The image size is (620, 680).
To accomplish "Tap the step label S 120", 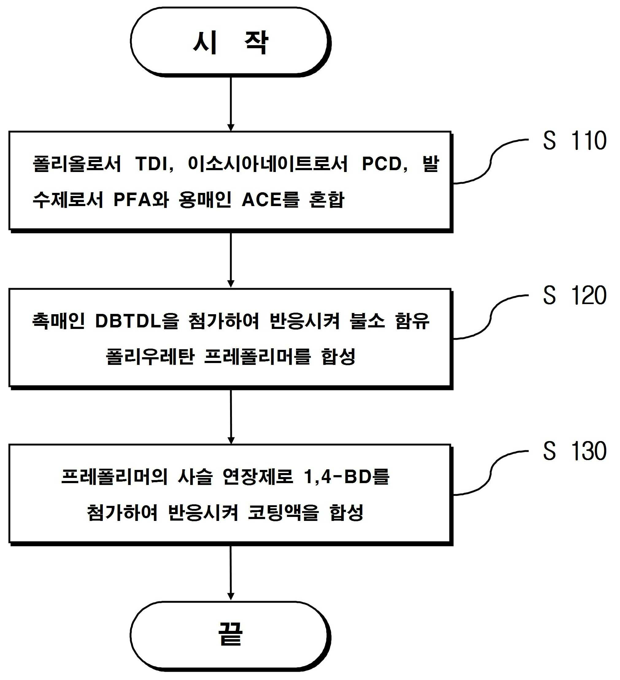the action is (575, 295).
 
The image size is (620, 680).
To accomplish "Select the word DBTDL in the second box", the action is (128, 321).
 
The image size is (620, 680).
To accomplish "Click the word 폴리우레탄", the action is (150, 357).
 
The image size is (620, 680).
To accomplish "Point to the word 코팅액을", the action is (283, 513).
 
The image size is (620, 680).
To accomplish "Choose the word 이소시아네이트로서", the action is (268, 164).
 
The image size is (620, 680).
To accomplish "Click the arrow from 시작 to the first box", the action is (231, 104).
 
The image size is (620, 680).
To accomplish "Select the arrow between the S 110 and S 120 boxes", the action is (231, 260).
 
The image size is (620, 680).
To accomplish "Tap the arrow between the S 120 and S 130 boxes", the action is (231, 416).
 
